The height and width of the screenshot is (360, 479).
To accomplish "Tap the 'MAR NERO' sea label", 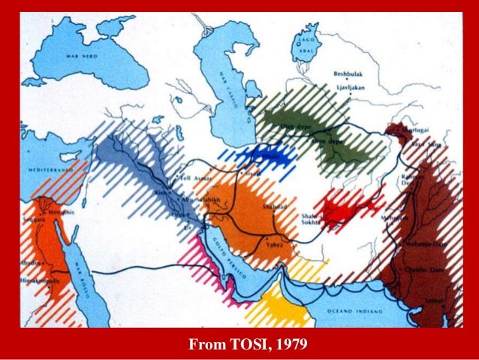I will point(82,56).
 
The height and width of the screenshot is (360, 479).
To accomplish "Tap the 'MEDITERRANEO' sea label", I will point(47,171).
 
